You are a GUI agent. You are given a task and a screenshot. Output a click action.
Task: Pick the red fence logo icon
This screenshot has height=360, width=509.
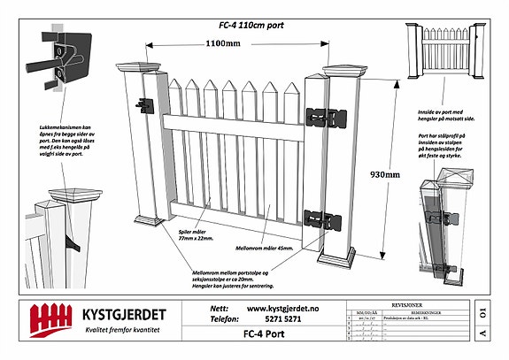[49, 318]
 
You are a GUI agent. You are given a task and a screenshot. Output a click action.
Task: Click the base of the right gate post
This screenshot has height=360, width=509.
[337, 258]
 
